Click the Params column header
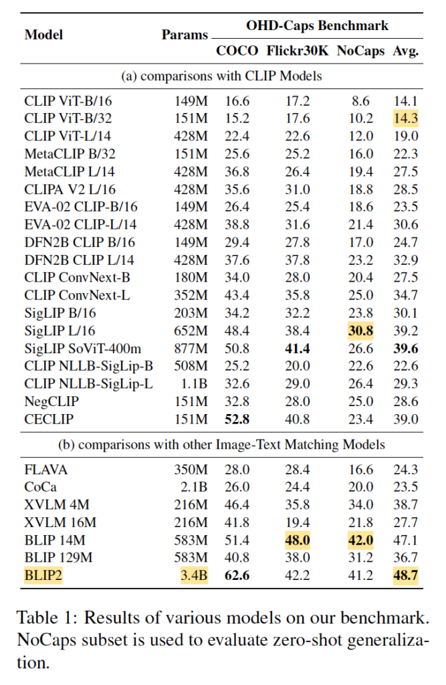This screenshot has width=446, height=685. coord(185,35)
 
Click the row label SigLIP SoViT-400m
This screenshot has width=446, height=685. coord(83,348)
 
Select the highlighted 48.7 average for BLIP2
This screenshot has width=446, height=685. coord(406,574)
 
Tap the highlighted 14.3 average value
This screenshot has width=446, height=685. coord(406,118)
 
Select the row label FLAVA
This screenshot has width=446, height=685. coord(46,470)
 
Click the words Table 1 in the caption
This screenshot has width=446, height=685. coord(41,615)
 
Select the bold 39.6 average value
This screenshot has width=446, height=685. coord(406,348)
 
